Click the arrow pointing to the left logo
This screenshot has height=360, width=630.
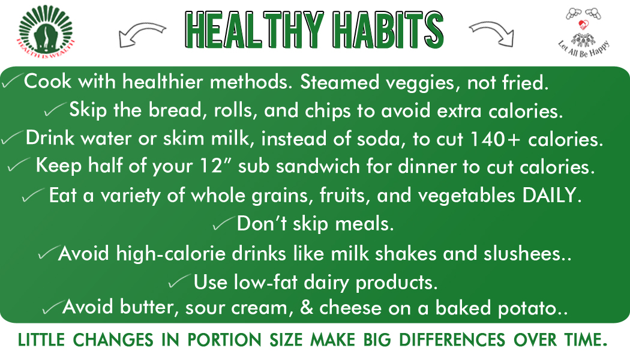click(142, 35)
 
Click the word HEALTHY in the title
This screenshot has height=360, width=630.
click(254, 30)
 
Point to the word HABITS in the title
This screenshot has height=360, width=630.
click(388, 30)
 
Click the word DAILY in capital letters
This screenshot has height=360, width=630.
click(552, 195)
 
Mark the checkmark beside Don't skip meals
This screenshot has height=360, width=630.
click(223, 223)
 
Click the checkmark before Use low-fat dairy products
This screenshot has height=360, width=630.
click(179, 281)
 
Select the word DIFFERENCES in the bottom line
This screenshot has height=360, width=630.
click(452, 340)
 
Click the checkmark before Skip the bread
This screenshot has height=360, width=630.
click(55, 109)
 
